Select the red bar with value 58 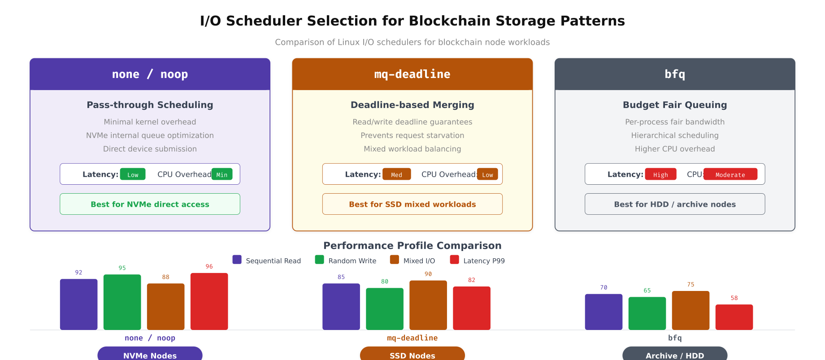coord(734,317)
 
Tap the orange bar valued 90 coord(428,305)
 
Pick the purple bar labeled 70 coord(604,312)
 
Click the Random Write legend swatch coord(319,260)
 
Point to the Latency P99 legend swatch coord(454,260)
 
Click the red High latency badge coord(660,174)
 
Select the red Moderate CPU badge coord(730,174)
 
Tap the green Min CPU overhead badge coord(222,174)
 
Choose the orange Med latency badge coord(396,174)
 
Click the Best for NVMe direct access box coord(150,204)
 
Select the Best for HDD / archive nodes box coord(675,204)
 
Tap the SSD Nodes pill coord(412,354)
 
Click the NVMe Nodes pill coord(150,354)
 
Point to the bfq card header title coord(675,74)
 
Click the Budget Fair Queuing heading coord(675,105)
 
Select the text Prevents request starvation coord(412,135)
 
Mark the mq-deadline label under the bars coord(412,338)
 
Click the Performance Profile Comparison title coord(412,246)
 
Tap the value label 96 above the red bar coord(209,266)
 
